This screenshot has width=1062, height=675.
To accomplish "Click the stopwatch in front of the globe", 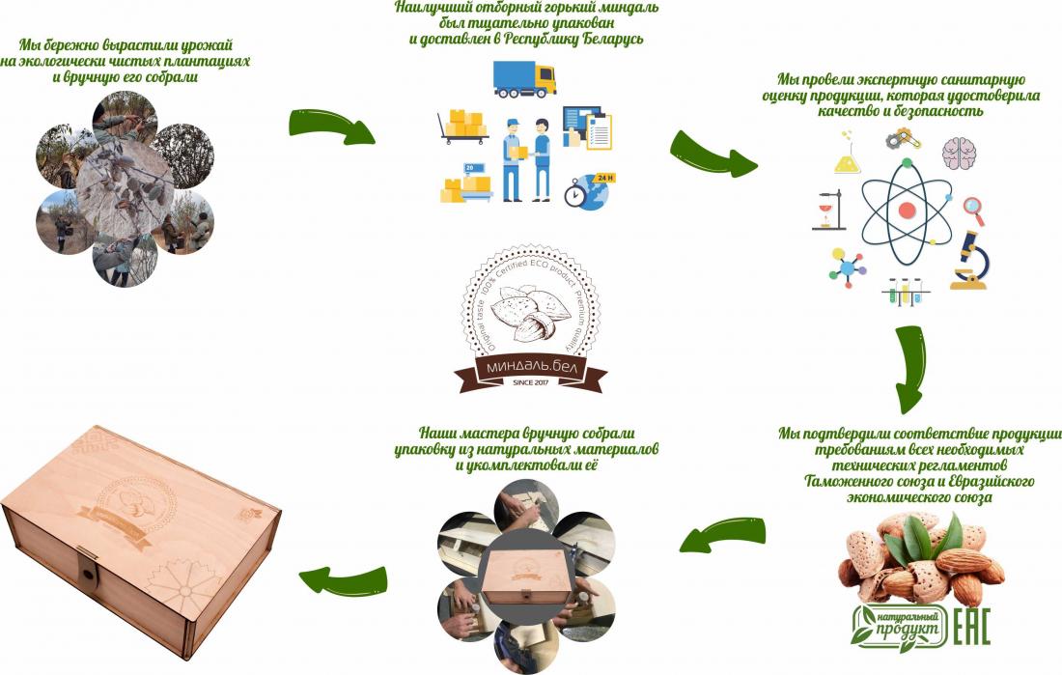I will pyautogui.click(x=574, y=194).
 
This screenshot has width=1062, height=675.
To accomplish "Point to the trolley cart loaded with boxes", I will pyautogui.click(x=461, y=128).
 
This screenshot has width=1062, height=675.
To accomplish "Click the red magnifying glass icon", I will pyautogui.click(x=973, y=209).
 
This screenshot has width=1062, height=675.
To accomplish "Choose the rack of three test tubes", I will pyautogui.click(x=905, y=291).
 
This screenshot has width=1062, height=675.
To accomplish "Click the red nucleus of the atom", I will pyautogui.click(x=907, y=210).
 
